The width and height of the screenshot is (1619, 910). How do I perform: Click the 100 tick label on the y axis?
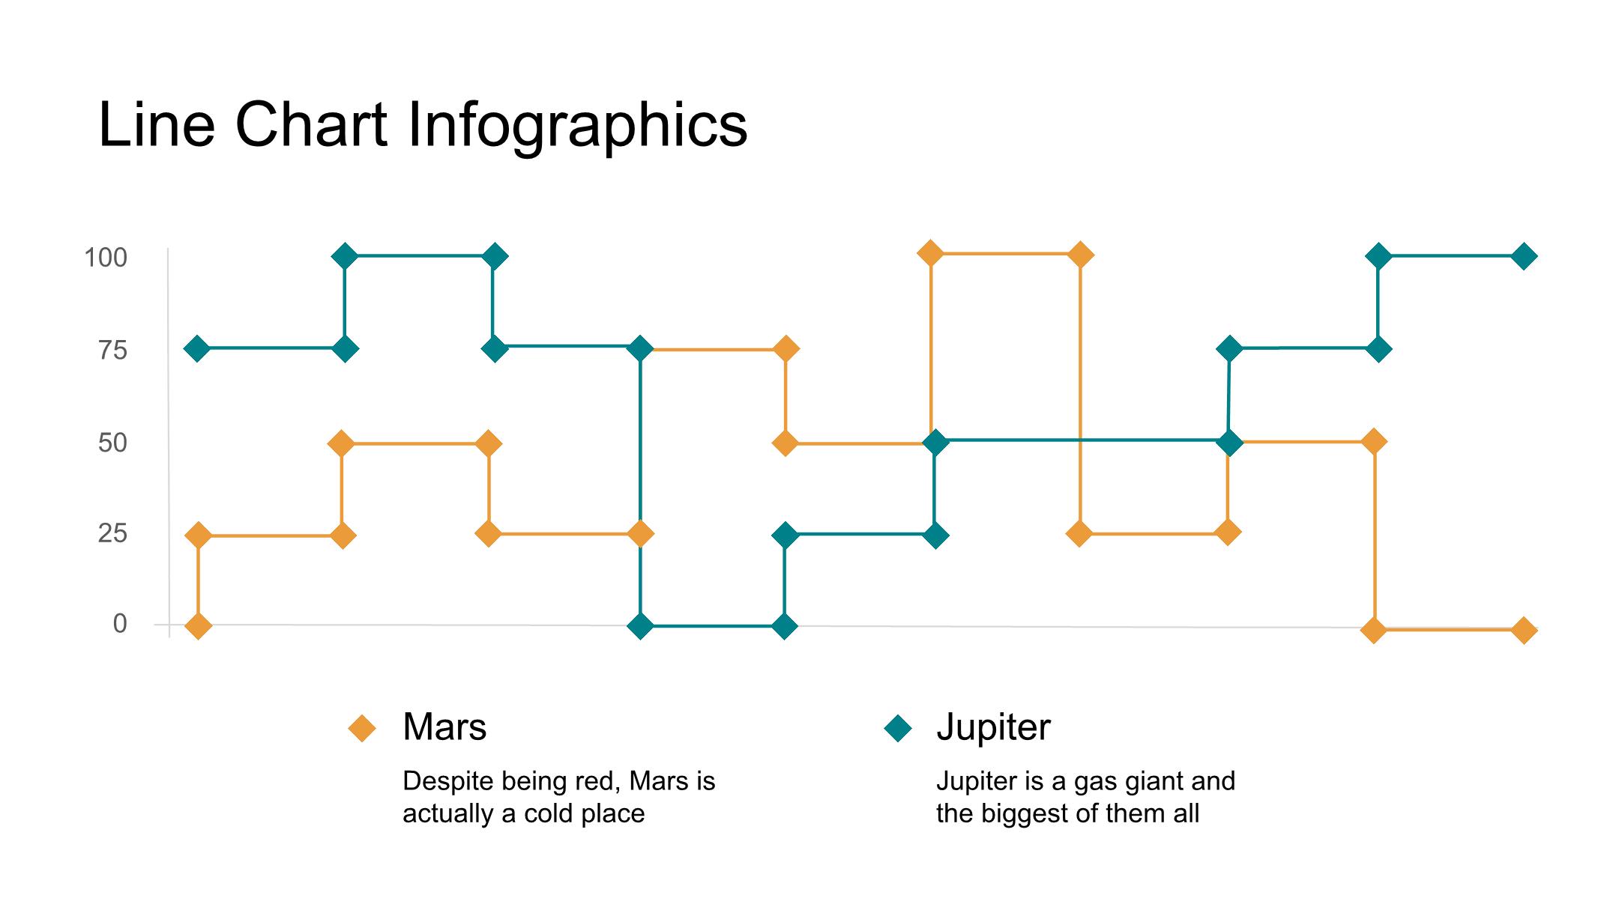point(106,258)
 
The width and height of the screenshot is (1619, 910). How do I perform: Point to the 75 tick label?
point(113,350)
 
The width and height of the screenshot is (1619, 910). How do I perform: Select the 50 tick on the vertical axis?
point(113,443)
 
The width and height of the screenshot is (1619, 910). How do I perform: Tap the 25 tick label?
point(113,533)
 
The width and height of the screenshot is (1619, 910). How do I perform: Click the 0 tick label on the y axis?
point(120,623)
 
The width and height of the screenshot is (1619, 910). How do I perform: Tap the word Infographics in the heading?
point(577,127)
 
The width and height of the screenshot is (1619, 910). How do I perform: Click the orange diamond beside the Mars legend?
point(363,728)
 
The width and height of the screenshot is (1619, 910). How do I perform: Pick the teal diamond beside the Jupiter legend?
point(898,728)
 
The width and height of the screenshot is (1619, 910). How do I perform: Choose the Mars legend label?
point(444,727)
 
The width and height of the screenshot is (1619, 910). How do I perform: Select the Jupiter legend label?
point(993,728)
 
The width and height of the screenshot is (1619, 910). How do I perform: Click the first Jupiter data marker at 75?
point(197,349)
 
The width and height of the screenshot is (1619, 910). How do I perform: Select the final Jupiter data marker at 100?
point(1523,257)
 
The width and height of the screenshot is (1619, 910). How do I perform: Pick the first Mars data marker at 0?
point(198,625)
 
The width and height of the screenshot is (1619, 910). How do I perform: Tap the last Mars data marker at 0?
point(1524,631)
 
